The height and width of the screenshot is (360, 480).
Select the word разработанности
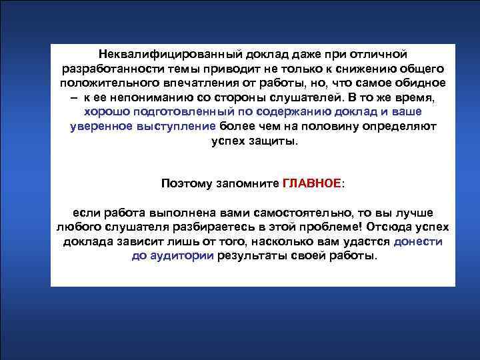107,69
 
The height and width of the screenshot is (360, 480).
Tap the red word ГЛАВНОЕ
311,183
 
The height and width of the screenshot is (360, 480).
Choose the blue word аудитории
181,256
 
